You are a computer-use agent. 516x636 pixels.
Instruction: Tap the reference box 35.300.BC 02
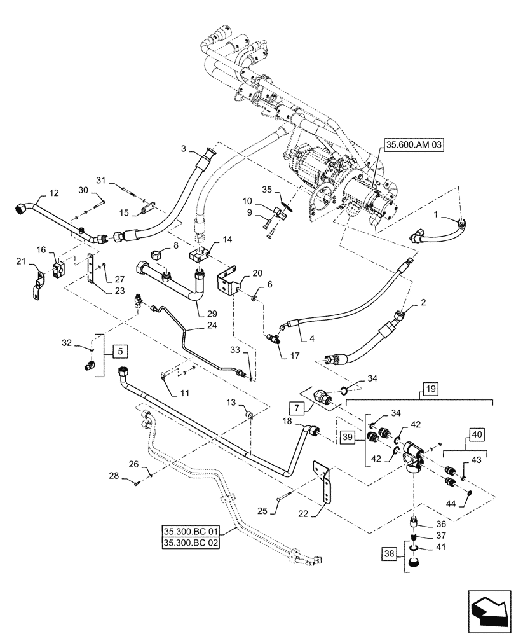tap(191, 544)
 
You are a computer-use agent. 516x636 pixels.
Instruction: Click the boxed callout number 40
tap(477, 435)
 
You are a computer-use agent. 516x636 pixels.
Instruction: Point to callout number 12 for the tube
tap(53, 192)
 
